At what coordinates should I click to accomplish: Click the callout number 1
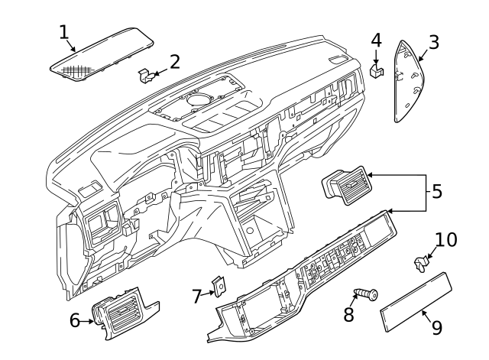tap(64, 31)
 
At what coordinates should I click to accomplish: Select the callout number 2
tap(175, 61)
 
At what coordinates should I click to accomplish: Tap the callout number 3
tap(433, 41)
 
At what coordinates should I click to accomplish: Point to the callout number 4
tap(376, 39)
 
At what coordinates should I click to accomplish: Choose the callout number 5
tap(436, 191)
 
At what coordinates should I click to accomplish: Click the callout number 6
tap(75, 320)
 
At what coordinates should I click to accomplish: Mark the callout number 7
tap(196, 296)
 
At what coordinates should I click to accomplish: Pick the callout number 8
tap(349, 314)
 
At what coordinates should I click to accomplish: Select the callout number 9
tap(436, 328)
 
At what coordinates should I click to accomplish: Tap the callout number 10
tap(446, 239)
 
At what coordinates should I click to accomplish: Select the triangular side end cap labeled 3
tap(410, 83)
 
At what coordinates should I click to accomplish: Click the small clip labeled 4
tap(375, 70)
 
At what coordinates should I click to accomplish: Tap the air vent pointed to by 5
tap(345, 186)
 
